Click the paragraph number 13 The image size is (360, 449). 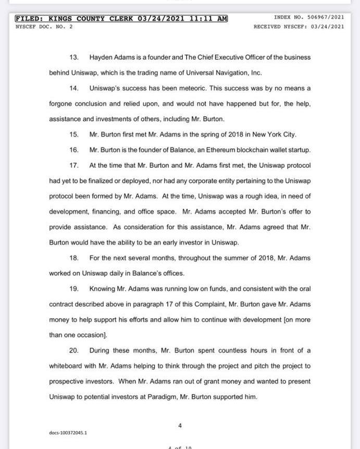(x=73, y=57)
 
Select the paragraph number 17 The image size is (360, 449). (x=73, y=166)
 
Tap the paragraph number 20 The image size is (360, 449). (x=73, y=351)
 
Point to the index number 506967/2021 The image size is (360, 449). (x=324, y=17)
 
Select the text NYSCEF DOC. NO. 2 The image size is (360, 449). (x=44, y=26)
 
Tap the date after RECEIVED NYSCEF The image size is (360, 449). (x=327, y=26)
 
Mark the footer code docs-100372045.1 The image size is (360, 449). (x=68, y=433)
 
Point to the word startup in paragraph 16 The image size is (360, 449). (x=299, y=150)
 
